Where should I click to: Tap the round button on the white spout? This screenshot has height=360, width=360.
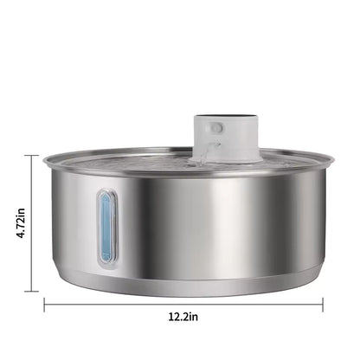[216, 127]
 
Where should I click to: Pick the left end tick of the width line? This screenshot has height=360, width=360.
[45, 304]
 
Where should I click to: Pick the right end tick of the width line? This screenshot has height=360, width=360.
[323, 304]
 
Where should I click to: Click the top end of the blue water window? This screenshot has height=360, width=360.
[106, 195]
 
